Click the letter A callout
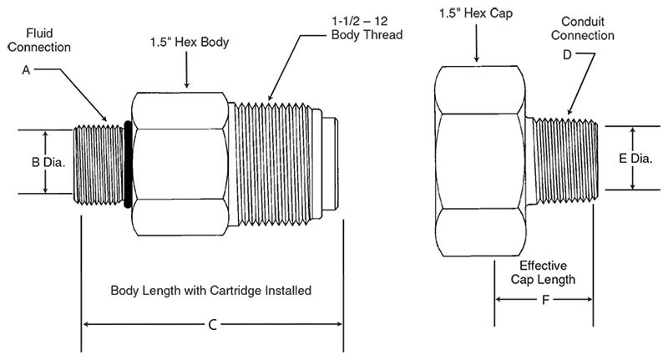pyautogui.click(x=26, y=72)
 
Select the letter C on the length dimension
pyautogui.click(x=212, y=324)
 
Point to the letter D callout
pyautogui.click(x=567, y=55)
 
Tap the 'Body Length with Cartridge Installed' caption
pyautogui.click(x=211, y=292)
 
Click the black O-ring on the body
pyautogui.click(x=127, y=163)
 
